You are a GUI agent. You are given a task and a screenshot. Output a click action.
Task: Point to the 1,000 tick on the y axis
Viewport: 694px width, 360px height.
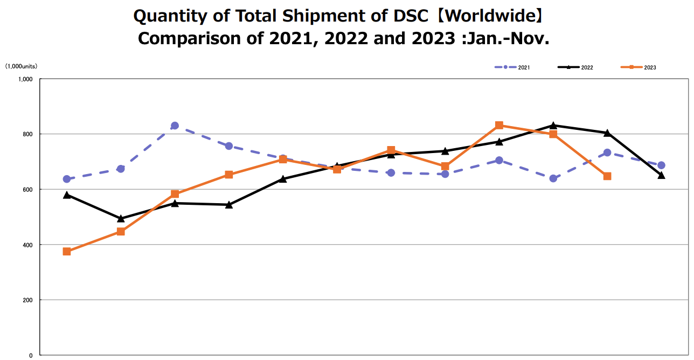(x=25, y=79)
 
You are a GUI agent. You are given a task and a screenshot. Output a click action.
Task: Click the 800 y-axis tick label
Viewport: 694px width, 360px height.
(x=27, y=134)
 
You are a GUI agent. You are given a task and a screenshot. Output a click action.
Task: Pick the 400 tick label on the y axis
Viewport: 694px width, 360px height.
(x=27, y=245)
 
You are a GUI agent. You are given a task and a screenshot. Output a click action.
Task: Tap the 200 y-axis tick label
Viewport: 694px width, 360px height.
(x=27, y=300)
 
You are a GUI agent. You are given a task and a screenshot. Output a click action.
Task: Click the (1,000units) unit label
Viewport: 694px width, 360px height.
(x=22, y=66)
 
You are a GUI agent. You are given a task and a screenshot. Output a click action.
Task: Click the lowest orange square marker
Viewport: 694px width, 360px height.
(x=67, y=252)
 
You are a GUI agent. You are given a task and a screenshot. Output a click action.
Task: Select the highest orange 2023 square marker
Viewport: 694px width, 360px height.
(x=499, y=126)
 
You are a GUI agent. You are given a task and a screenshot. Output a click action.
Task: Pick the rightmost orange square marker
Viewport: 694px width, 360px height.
(x=607, y=176)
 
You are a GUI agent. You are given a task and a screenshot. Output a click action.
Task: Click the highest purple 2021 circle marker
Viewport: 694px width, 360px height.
(x=175, y=126)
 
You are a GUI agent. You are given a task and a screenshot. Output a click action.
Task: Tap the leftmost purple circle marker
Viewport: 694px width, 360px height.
(x=67, y=179)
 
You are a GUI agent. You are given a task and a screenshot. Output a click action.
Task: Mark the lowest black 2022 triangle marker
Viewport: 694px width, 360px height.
(x=121, y=218)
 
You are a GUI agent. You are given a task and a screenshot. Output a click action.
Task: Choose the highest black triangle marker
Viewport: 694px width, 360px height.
(x=553, y=126)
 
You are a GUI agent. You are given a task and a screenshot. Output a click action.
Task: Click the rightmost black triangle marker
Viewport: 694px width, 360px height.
(x=661, y=175)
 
